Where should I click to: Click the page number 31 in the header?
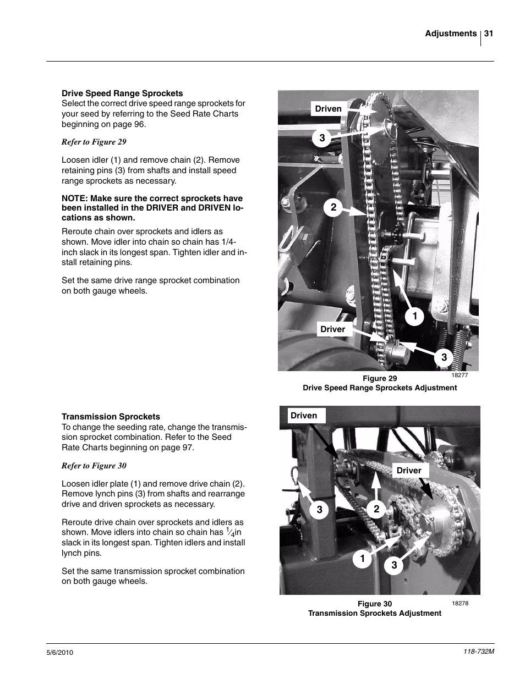488,34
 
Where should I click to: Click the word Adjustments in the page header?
450,34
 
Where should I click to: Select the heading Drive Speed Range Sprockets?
122,93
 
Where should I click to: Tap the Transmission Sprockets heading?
111,417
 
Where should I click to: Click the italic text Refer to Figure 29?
94,142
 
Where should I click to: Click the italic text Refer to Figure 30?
94,466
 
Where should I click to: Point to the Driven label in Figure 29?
328,109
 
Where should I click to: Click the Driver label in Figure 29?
332,329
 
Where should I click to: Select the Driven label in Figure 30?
304,416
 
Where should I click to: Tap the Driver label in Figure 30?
409,471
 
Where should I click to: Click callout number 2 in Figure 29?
333,208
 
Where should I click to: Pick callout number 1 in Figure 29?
414,317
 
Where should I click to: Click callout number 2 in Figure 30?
376,509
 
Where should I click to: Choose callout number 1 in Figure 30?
363,559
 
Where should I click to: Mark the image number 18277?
460,375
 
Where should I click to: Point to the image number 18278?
460,603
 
